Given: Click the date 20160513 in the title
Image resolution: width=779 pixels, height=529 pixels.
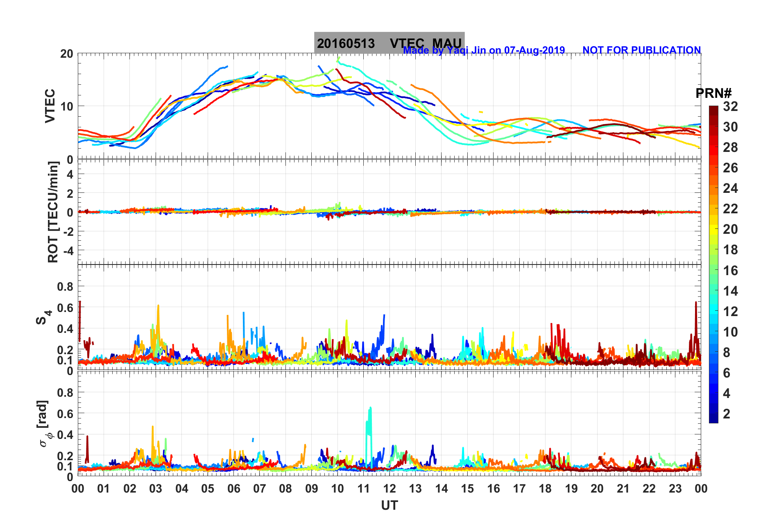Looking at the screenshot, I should (346, 43).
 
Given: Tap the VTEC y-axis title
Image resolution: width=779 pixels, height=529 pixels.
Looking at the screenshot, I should (50, 106).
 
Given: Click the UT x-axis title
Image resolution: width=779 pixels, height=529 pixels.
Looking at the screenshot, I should (389, 506).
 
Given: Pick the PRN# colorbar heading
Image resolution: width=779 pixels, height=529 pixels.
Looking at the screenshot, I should (713, 93).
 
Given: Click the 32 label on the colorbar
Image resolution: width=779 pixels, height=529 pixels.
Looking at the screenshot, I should (730, 106).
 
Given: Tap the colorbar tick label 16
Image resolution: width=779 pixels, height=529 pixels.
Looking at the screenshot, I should (730, 270).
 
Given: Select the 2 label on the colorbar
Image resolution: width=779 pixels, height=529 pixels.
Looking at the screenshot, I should (727, 414).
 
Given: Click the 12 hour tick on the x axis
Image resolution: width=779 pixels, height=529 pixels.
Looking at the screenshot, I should (389, 488).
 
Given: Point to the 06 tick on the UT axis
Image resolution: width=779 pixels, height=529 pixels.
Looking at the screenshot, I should (233, 488).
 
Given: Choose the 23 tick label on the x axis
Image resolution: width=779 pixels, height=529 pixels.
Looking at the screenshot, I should (675, 488).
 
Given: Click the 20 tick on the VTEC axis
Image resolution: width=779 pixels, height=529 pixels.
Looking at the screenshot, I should (67, 54).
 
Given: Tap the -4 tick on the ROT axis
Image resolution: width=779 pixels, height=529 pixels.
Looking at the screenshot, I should (68, 250).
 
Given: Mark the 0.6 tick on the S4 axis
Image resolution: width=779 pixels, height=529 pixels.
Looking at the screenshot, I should (65, 307).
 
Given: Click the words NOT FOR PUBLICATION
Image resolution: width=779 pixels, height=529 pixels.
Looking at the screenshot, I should (641, 50).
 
